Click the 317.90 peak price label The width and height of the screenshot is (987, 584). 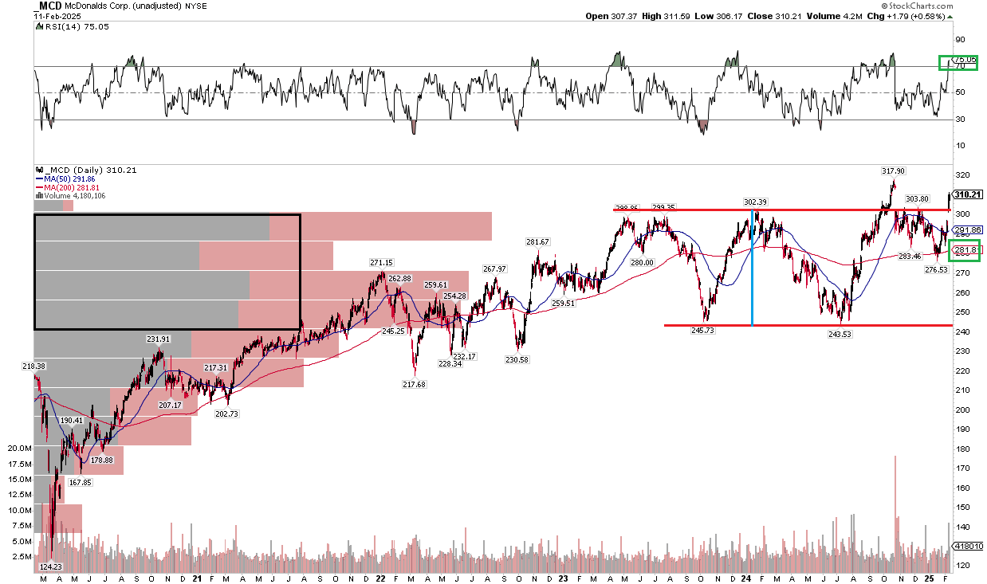(x=892, y=170)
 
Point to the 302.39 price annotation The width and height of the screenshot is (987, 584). (x=755, y=202)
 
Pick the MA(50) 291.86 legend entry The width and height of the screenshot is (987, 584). (x=64, y=179)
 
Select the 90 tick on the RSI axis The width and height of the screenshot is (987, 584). (x=960, y=39)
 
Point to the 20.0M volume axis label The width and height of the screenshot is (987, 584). (x=19, y=449)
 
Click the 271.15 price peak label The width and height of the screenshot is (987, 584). (x=380, y=262)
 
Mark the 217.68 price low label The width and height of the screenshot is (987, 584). (x=415, y=384)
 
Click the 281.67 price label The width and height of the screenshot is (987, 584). (x=537, y=241)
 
